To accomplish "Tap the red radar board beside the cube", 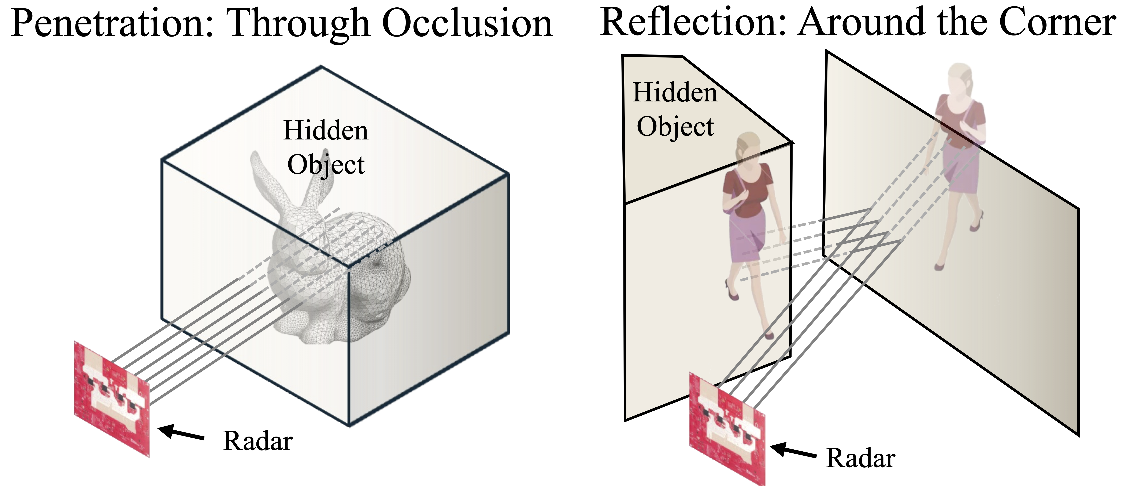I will click(x=112, y=399).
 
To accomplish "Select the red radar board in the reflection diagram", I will click(x=727, y=429).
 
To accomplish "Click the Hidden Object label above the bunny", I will click(x=326, y=147).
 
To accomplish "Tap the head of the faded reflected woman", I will click(x=959, y=78).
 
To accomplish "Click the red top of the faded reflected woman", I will click(x=959, y=122).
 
